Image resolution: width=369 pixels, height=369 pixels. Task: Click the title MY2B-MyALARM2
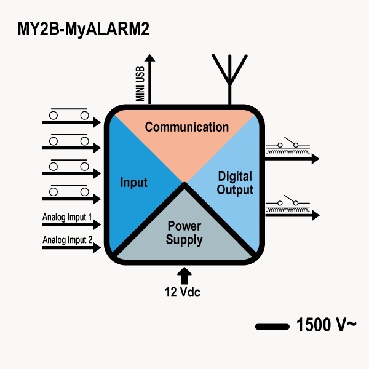[x=84, y=28]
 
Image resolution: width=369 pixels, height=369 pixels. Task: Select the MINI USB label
[x=140, y=85]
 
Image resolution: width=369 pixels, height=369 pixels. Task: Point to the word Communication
[x=186, y=127]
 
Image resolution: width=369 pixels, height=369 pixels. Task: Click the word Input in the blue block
[x=134, y=183]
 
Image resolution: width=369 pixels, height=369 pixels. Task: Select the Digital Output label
[x=235, y=183]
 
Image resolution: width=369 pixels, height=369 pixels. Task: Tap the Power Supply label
[x=184, y=233]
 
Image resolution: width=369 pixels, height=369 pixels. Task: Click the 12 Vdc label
[x=183, y=292]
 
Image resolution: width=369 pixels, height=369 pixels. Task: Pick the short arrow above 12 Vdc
[x=185, y=274]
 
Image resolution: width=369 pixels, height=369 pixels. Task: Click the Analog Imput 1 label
[x=67, y=217]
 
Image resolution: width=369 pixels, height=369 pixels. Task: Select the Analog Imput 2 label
[x=67, y=240]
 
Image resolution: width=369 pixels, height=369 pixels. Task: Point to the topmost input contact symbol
[x=68, y=114]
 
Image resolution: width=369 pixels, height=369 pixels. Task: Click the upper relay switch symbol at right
[x=288, y=148]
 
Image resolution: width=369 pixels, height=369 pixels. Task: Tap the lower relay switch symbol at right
[x=288, y=205]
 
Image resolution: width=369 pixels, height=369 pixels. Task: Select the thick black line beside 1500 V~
[x=272, y=327]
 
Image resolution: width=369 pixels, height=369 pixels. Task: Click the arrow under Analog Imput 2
[x=71, y=248]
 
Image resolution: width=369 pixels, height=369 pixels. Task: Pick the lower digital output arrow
[x=292, y=215]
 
